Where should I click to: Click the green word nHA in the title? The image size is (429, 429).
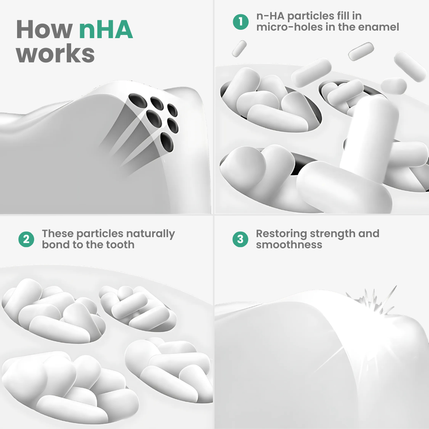pos(106,29)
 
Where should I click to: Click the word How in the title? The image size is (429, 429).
pos(44,29)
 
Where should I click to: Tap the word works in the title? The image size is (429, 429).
pos(55,53)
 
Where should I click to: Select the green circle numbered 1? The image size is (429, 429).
pos(241,22)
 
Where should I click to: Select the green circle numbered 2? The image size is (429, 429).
pos(26,240)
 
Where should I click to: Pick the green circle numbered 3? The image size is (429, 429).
pos(240,240)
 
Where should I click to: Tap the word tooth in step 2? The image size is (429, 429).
pos(120,245)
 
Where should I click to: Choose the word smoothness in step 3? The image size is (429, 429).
pos(289,245)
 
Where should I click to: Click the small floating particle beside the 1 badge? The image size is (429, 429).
pos(240,49)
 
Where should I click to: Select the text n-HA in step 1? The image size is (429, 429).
pos(271,16)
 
